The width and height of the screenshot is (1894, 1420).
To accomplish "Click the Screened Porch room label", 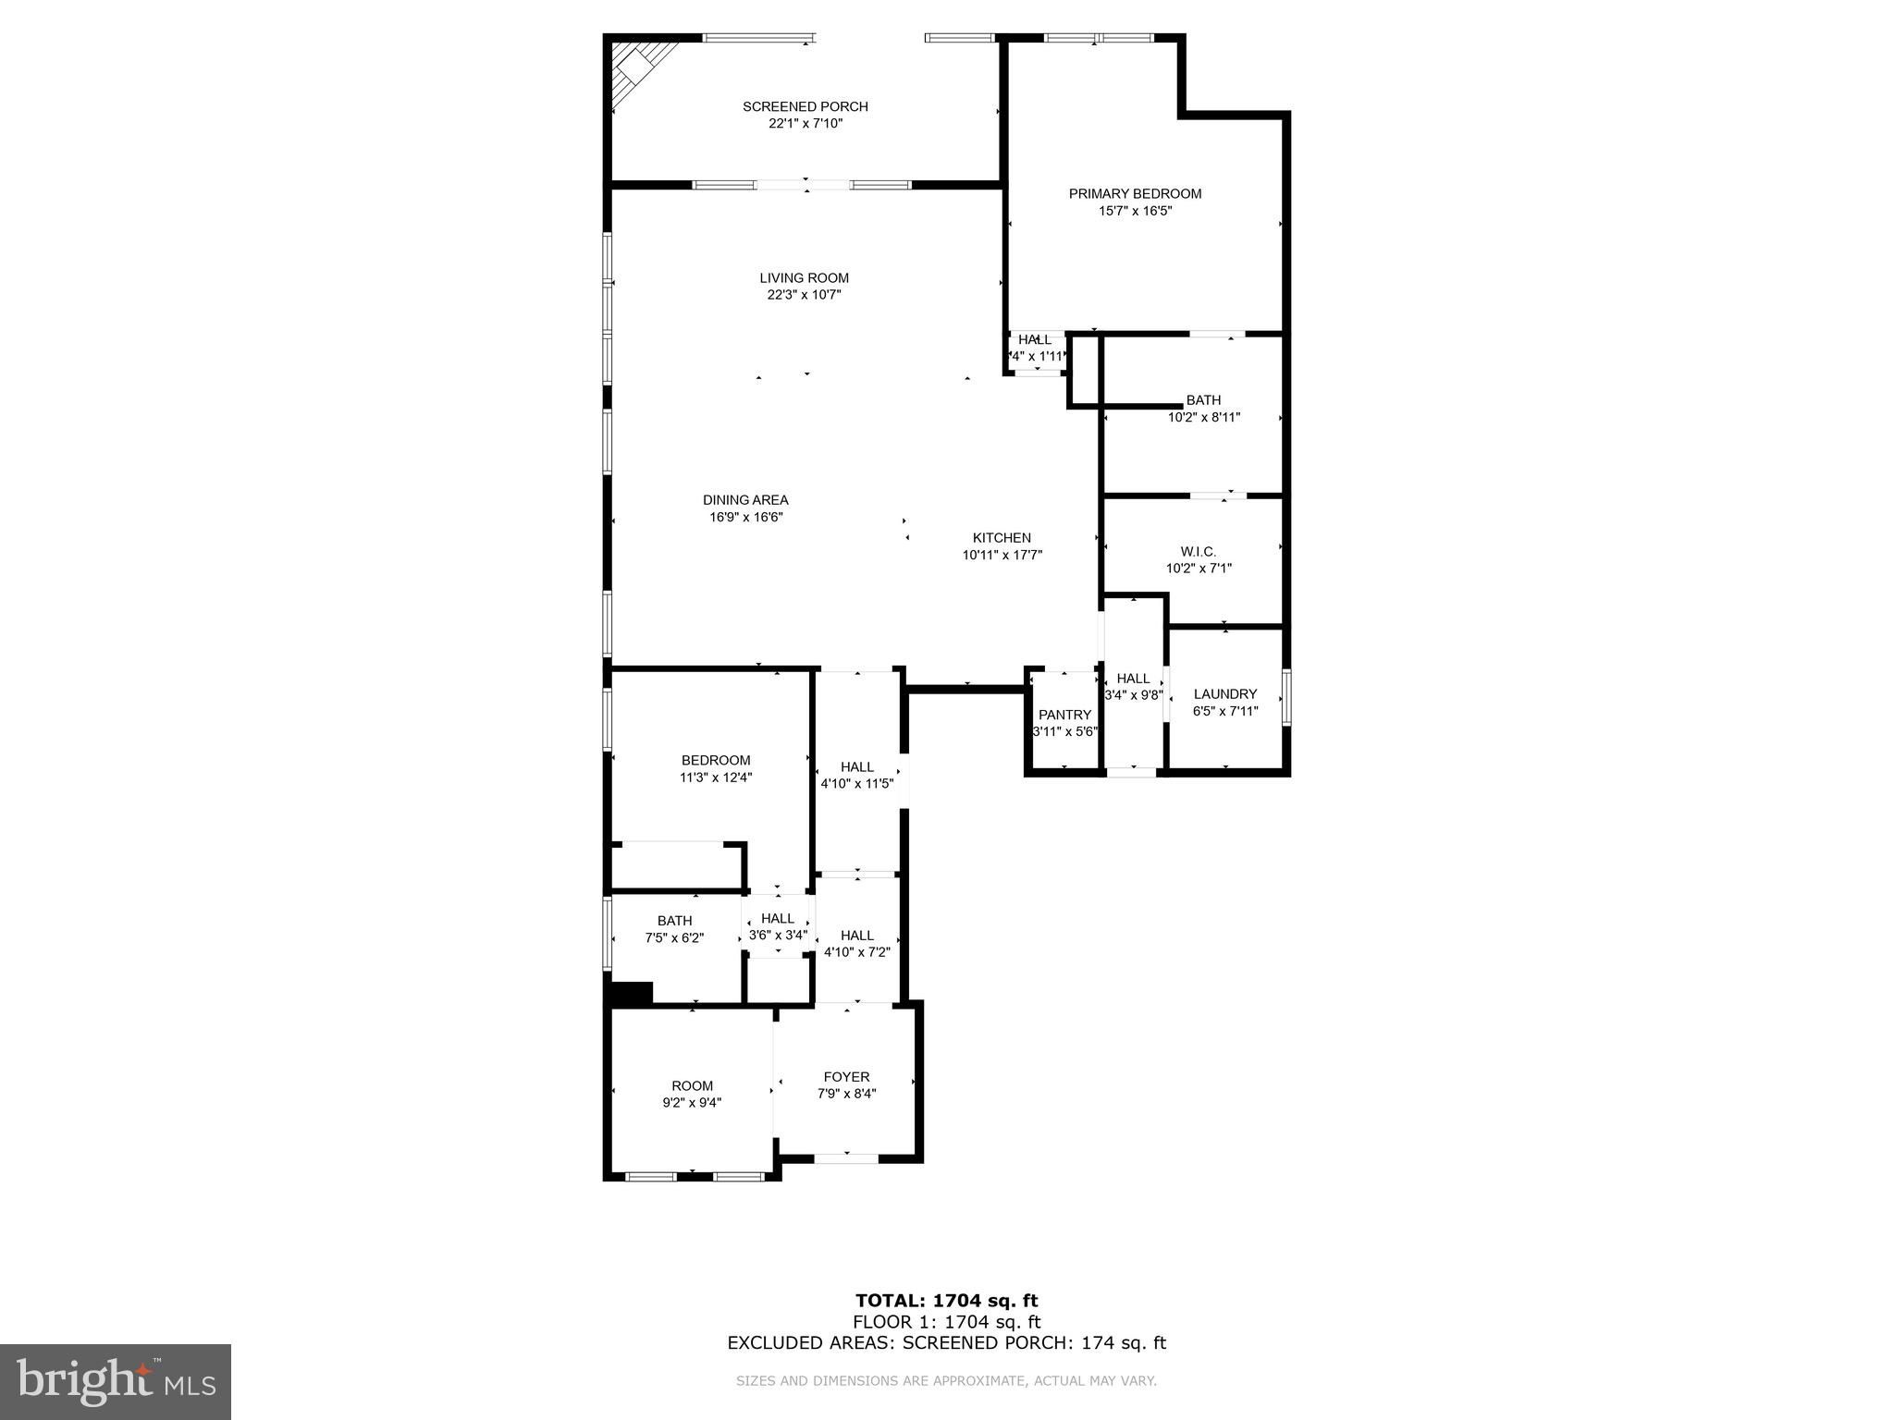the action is pyautogui.click(x=806, y=106).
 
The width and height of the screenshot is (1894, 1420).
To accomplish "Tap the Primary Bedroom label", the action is pyautogui.click(x=1135, y=193).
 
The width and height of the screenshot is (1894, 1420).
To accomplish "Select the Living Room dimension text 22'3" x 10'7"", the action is pyautogui.click(x=805, y=295).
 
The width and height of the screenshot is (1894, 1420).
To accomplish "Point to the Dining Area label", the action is pyautogui.click(x=745, y=500).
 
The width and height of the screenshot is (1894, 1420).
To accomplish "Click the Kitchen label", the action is pyautogui.click(x=1002, y=538).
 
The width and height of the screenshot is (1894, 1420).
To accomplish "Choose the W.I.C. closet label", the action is pyautogui.click(x=1199, y=552).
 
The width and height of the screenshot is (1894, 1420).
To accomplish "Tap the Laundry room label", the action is pyautogui.click(x=1225, y=694).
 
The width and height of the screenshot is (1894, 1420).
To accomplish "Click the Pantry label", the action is pyautogui.click(x=1064, y=715).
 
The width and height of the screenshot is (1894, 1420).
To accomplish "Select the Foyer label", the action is pyautogui.click(x=846, y=1077).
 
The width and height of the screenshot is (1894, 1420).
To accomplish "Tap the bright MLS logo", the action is pyautogui.click(x=116, y=1382).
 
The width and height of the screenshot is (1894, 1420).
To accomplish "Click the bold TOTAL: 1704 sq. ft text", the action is pyautogui.click(x=946, y=1302).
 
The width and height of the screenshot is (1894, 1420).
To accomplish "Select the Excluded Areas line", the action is pyautogui.click(x=946, y=1343).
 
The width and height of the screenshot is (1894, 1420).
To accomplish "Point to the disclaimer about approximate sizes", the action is pyautogui.click(x=946, y=1381).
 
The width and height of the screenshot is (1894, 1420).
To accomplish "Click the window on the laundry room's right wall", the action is pyautogui.click(x=1286, y=696).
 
